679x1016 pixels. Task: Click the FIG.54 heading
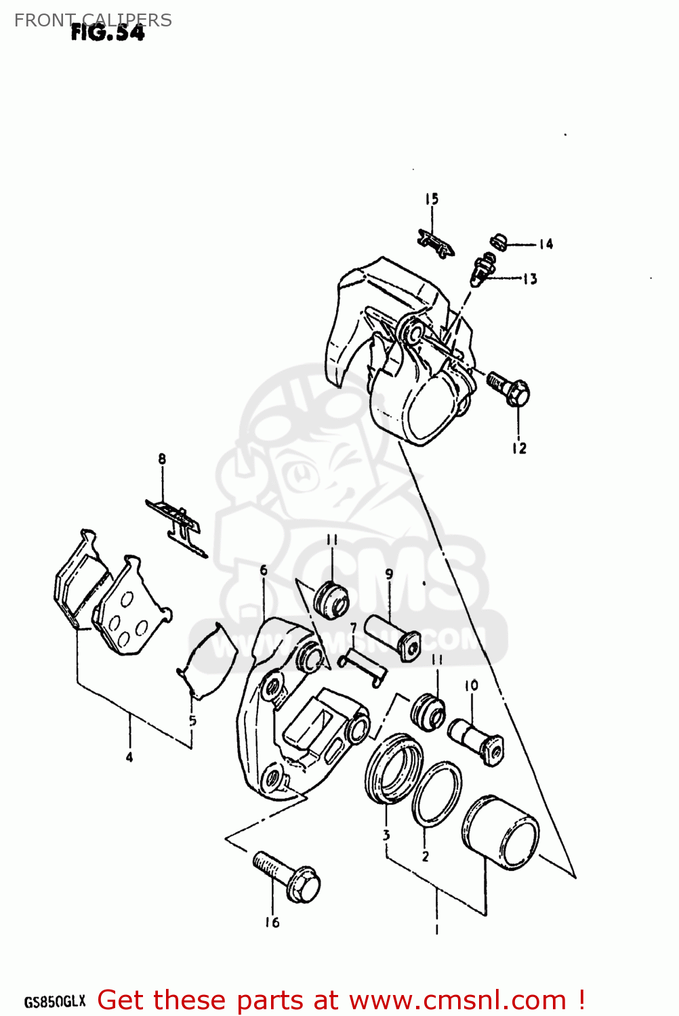point(108,33)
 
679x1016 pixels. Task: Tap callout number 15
point(432,199)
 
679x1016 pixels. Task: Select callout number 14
point(546,244)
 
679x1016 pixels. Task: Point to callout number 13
point(530,278)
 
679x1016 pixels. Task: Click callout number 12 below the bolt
point(519,448)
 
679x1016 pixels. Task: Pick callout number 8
point(162,459)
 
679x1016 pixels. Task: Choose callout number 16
point(272,922)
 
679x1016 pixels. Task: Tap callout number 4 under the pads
point(129,757)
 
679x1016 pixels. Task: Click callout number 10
point(471,685)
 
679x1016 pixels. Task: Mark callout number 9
point(389,574)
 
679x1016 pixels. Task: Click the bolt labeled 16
point(287,876)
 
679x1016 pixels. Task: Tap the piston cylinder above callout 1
point(501,832)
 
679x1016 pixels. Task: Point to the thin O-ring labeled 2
point(436,795)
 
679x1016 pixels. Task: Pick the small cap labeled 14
point(499,240)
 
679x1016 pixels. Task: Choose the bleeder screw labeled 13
point(482,269)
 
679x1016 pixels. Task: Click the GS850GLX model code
point(55,1001)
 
